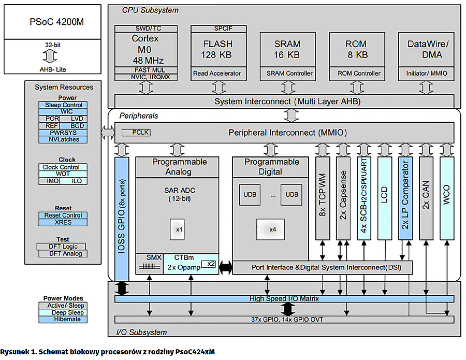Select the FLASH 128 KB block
[x=217, y=49]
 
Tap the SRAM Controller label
[x=287, y=74]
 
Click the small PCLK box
[x=136, y=133]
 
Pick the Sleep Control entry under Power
[x=63, y=105]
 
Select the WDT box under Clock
[x=63, y=174]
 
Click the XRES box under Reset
[x=63, y=222]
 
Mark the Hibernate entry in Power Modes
[x=63, y=319]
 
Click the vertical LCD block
[x=384, y=197]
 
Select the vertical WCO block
[x=446, y=197]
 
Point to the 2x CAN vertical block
[x=426, y=197]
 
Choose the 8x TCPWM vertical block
[x=322, y=197]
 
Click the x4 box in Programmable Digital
[x=273, y=228]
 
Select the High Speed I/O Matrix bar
[x=284, y=299]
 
